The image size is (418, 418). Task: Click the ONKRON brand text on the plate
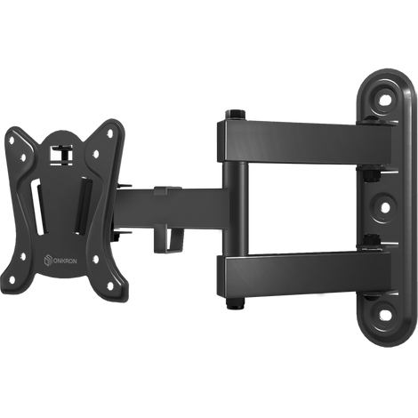[x=65, y=261]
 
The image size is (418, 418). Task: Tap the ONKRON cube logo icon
[x=48, y=261]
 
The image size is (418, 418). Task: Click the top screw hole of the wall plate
[x=384, y=100]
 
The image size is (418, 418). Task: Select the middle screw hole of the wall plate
[x=384, y=207]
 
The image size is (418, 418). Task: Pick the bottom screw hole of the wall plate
[x=384, y=315]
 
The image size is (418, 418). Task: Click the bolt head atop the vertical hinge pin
[x=236, y=114]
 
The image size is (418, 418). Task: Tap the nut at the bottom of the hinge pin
[x=236, y=303]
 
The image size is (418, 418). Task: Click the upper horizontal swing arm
[x=305, y=142]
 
